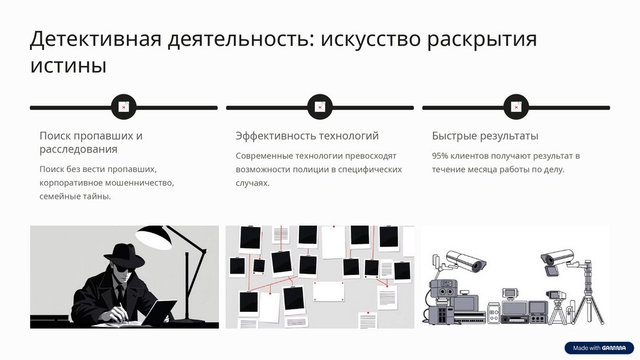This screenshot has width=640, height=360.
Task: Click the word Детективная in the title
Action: (96, 39)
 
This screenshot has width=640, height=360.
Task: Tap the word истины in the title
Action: (68, 65)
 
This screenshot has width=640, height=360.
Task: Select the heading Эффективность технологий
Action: (307, 136)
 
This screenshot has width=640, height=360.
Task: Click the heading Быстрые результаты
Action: (485, 136)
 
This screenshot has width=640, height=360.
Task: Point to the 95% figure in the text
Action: (439, 156)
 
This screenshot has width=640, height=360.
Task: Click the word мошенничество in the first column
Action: (141, 183)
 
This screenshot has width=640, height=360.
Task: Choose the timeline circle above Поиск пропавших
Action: (124, 107)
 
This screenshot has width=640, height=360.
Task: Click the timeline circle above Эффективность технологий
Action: (320, 107)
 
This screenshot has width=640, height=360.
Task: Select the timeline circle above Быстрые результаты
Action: (516, 107)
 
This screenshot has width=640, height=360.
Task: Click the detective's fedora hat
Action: (124, 254)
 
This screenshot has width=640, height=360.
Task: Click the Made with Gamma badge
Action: (599, 347)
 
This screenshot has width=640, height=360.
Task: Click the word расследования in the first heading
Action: (78, 149)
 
